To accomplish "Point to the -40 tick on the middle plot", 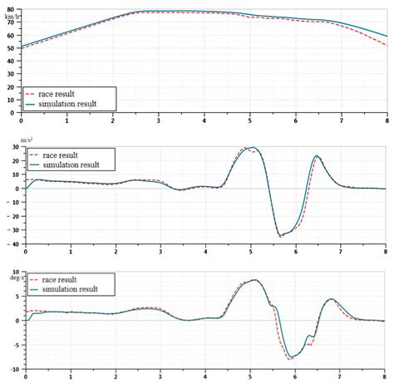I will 11,244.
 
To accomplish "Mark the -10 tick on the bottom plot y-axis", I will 11,368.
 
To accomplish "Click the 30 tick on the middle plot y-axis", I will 12,147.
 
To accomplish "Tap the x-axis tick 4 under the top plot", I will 204,120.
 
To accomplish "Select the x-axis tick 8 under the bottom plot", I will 385,376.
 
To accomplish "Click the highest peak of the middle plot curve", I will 253,148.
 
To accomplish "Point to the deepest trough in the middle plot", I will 281,236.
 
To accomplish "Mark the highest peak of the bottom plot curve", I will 254,280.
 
